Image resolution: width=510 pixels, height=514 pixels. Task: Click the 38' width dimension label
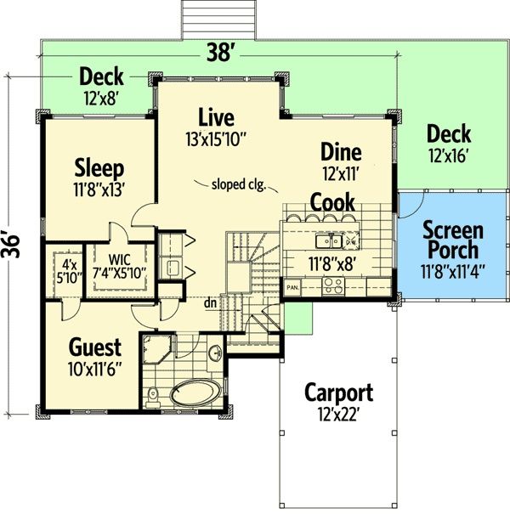219,53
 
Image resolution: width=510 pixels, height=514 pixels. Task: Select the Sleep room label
99,168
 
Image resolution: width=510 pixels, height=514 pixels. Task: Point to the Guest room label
95,347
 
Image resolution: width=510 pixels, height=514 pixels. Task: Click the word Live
216,117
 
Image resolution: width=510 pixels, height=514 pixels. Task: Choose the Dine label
341,152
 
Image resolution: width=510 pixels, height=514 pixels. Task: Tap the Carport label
339,393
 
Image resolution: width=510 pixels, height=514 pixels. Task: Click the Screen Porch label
453,240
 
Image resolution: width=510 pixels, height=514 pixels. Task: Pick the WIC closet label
119,260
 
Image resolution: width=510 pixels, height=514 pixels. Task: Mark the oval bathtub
195,393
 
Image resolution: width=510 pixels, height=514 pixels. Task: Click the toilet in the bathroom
152,398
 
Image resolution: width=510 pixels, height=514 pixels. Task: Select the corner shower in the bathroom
156,349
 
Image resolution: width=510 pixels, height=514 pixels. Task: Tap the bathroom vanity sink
215,353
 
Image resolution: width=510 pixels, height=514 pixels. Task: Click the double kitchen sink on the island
329,241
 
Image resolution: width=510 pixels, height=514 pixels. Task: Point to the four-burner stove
333,285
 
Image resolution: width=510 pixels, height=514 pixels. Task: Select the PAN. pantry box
292,287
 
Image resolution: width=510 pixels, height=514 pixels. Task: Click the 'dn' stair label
210,303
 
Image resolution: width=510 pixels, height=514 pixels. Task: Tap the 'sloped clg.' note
239,184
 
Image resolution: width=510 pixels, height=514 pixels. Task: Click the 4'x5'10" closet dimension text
69,271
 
